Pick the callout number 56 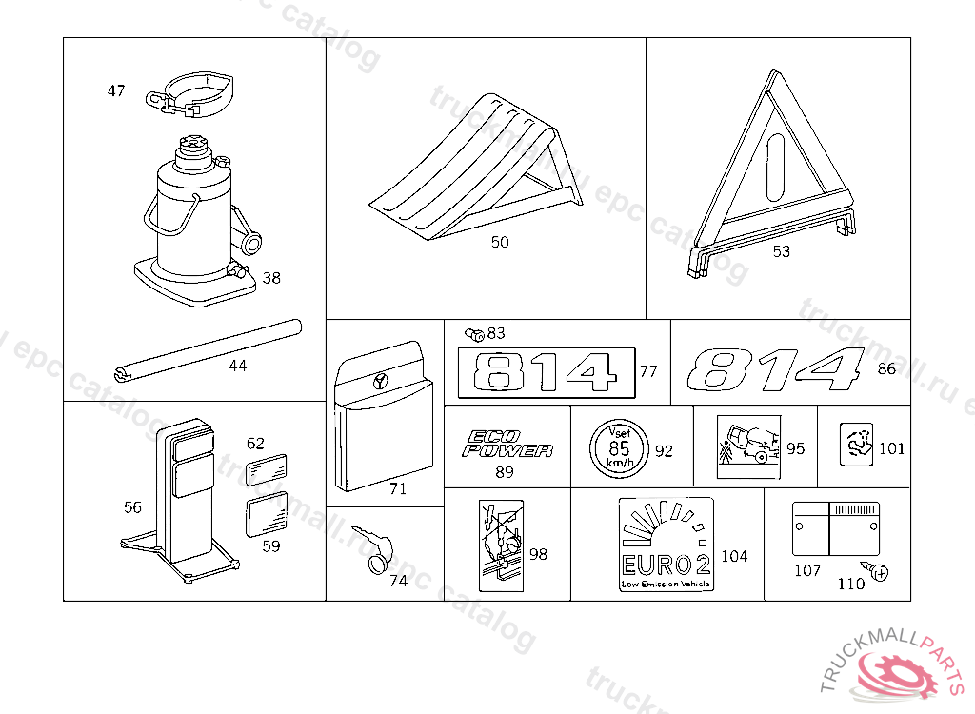[132, 507]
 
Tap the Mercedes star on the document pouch [381, 381]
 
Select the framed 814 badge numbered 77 [546, 372]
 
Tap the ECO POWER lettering [507, 444]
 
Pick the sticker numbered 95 [747, 446]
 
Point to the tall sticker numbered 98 [501, 544]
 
